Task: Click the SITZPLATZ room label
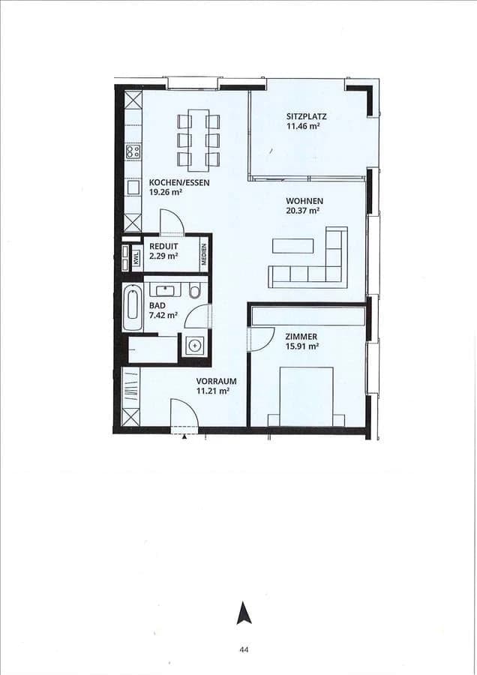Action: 306,116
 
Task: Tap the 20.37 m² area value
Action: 302,211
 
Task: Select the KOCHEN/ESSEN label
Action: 179,182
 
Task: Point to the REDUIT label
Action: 163,246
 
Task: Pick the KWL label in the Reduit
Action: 136,257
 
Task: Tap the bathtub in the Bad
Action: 133,307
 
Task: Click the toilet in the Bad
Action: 195,290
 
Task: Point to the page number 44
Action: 244,649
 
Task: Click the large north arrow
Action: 244,613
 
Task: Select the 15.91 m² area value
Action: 302,346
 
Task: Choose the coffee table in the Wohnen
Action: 292,246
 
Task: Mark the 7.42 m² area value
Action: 163,316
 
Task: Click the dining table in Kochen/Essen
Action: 199,139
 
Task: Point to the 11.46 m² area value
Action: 303,126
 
